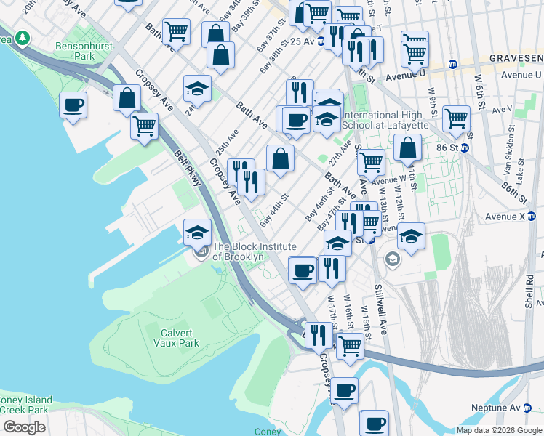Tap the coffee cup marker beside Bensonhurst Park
pos(73,105)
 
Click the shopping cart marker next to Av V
pos(456,118)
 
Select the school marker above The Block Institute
pos(197,232)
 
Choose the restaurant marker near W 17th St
pos(332,268)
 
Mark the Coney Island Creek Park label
pos(26,405)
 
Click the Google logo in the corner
pos(24,427)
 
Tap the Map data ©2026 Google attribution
pos(499,429)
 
